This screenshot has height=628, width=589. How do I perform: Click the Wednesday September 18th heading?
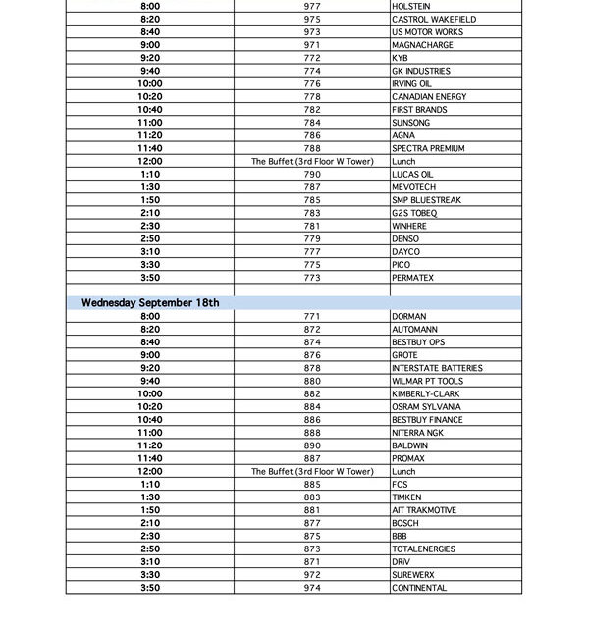pos(150,303)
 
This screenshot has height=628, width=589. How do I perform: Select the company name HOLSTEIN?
pos(410,6)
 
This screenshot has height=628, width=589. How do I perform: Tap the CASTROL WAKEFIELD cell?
pos(434,19)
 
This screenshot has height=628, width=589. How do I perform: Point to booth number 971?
pos(312,45)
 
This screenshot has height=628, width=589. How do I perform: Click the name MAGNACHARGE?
pos(422,45)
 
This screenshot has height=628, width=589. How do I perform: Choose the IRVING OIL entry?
pos(411,83)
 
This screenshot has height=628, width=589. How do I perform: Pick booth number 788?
pos(312,148)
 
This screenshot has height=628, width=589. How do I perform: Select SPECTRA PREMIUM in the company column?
pos(428,148)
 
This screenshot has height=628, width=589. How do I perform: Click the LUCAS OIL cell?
pos(412,174)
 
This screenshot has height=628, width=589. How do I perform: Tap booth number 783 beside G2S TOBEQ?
pos(312,213)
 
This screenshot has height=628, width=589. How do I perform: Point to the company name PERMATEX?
pos(412,278)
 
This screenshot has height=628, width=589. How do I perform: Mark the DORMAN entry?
pos(409,317)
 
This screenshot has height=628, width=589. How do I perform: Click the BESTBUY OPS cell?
pos(418,342)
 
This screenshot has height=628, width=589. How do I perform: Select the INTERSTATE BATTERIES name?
pos(437,368)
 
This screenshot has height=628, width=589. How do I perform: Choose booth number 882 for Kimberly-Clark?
pos(312,393)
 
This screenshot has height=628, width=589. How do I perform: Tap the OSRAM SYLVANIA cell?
pos(426,406)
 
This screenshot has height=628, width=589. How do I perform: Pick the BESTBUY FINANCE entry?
pos(427,420)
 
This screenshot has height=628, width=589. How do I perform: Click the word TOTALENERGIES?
pos(424,549)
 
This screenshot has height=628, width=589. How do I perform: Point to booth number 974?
pos(312,588)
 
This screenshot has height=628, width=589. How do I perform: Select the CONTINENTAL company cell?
pos(419,588)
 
